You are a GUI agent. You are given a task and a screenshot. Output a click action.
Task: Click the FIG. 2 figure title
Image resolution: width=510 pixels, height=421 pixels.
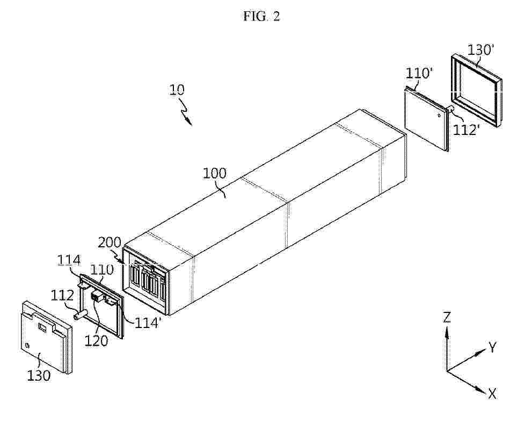pyautogui.click(x=261, y=16)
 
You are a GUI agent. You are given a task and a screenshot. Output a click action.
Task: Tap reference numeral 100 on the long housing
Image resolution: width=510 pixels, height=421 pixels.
pyautogui.click(x=214, y=173)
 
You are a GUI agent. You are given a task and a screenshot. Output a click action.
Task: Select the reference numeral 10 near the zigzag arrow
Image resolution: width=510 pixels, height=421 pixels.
pyautogui.click(x=177, y=89)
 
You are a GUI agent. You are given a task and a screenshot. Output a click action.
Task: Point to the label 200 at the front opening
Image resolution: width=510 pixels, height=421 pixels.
pyautogui.click(x=110, y=242)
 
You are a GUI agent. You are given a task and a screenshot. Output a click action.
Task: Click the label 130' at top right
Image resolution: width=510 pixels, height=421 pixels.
pyautogui.click(x=480, y=50)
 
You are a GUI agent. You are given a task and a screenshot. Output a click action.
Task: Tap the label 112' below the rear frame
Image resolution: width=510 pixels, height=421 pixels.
pyautogui.click(x=467, y=130)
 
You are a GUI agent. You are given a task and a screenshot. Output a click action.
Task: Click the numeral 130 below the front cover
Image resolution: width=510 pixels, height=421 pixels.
pyautogui.click(x=38, y=375)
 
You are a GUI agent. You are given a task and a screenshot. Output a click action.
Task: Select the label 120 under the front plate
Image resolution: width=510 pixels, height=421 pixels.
pyautogui.click(x=96, y=340)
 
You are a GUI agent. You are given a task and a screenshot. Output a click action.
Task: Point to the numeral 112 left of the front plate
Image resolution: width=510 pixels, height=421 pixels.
pyautogui.click(x=62, y=295)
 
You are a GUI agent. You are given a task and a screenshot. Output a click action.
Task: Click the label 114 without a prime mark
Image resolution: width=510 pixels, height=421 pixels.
pyautogui.click(x=69, y=260)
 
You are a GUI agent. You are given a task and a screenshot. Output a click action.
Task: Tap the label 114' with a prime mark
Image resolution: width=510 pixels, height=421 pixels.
pyautogui.click(x=148, y=322)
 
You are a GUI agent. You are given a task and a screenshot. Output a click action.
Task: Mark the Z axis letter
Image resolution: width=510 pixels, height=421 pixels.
pyautogui.click(x=448, y=317)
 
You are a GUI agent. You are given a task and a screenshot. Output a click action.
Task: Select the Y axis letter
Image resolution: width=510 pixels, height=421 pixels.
pyautogui.click(x=493, y=347)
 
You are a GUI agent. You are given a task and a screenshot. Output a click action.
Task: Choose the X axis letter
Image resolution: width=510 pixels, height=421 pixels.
pyautogui.click(x=492, y=394)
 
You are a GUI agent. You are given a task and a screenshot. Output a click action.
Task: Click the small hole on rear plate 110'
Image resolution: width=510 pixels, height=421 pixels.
pyautogui.click(x=439, y=115)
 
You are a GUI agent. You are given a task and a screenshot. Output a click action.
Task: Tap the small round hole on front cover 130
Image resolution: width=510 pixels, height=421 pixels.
pyautogui.click(x=27, y=345)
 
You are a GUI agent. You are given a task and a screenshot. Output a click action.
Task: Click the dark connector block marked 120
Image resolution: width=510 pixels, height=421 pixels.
pyautogui.click(x=96, y=296)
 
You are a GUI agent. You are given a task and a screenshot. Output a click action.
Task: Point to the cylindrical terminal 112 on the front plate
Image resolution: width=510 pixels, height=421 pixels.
pyautogui.click(x=81, y=315)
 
